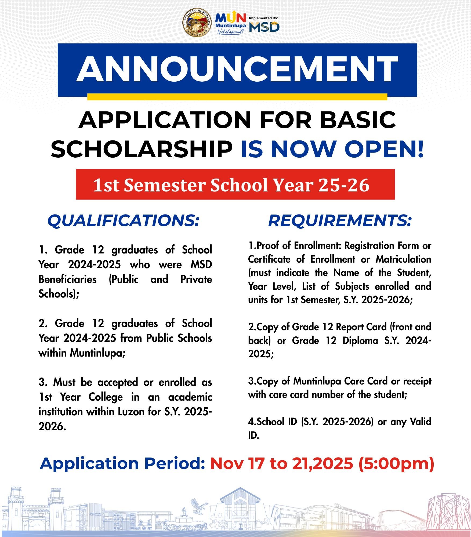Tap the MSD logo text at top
264,27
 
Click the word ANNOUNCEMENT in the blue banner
237,69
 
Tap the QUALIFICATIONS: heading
124,220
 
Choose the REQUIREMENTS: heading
340,220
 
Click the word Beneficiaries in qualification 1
67,279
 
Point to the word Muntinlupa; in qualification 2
97,353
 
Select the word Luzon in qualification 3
131,412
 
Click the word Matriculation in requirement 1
403,259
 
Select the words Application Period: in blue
122,464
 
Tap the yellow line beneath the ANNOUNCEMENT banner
237,97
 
